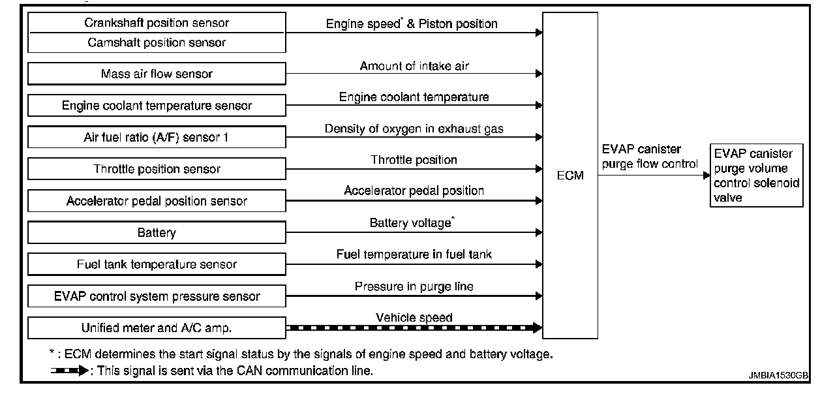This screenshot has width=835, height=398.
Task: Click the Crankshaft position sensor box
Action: pyautogui.click(x=157, y=23)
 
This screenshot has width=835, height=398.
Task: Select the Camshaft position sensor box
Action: pyautogui.click(x=157, y=42)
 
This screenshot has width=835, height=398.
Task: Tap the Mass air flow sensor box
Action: pyautogui.click(x=157, y=74)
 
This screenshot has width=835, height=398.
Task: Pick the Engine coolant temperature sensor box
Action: pyautogui.click(x=157, y=105)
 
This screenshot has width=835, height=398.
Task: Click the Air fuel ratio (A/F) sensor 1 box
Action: pyautogui.click(x=157, y=137)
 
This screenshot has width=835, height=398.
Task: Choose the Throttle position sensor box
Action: pyautogui.click(x=157, y=169)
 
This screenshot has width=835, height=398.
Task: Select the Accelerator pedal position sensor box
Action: pyautogui.click(x=157, y=201)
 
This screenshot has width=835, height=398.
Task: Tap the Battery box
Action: pyautogui.click(x=157, y=232)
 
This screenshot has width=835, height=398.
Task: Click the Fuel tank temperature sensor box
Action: pyautogui.click(x=157, y=264)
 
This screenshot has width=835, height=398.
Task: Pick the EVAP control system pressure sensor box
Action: pyautogui.click(x=157, y=296)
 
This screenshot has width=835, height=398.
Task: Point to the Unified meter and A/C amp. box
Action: pyautogui.click(x=157, y=328)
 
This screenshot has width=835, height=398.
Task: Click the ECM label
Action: pyautogui.click(x=571, y=175)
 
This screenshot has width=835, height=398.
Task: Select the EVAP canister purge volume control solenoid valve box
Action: pyautogui.click(x=757, y=175)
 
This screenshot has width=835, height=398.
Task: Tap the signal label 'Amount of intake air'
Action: pyautogui.click(x=414, y=66)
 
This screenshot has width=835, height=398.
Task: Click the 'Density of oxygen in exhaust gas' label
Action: pyautogui.click(x=414, y=129)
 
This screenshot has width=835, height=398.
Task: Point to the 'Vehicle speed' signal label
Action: pyautogui.click(x=414, y=318)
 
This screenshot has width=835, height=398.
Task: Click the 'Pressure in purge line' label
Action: pyautogui.click(x=414, y=286)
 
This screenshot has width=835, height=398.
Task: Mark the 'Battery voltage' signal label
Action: pyautogui.click(x=411, y=223)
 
